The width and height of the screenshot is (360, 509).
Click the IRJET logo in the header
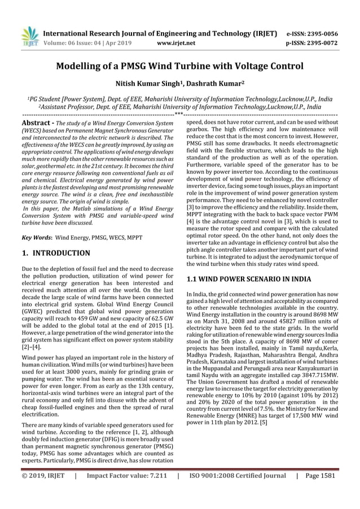pos(29,36)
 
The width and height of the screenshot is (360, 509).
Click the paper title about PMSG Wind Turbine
pos(179,67)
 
